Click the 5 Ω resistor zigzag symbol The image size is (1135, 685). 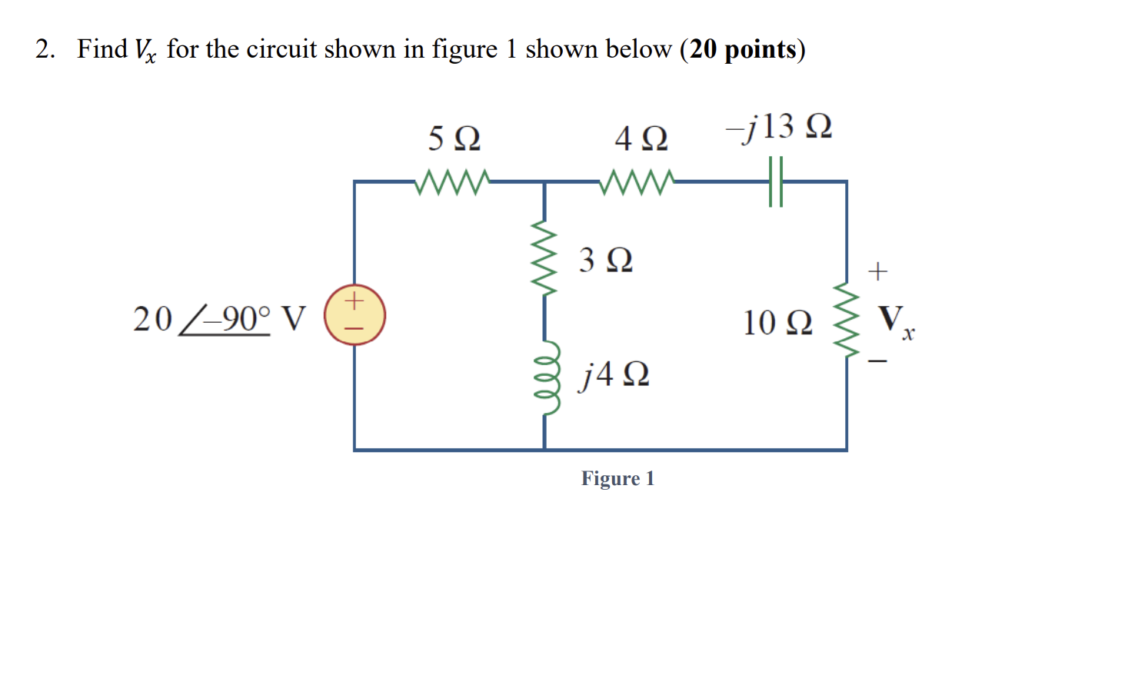click(452, 182)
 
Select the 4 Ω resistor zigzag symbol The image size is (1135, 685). click(637, 182)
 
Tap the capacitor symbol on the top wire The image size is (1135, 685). click(776, 182)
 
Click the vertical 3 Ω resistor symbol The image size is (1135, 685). click(544, 259)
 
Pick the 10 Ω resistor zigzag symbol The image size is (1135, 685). click(847, 320)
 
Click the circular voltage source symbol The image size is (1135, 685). click(354, 314)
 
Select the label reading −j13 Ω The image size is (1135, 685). click(779, 126)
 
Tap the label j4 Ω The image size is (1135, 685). click(614, 374)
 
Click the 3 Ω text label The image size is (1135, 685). click(606, 260)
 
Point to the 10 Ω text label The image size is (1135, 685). click(777, 322)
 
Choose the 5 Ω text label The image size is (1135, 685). click(454, 139)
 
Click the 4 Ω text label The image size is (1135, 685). click(641, 139)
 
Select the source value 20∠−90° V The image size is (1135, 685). click(219, 318)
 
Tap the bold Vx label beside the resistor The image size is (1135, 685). click(895, 319)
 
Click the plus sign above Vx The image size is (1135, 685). click(877, 271)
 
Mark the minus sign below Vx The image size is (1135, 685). click(877, 361)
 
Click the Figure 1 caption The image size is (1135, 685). click(617, 479)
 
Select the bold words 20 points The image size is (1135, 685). click(742, 49)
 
